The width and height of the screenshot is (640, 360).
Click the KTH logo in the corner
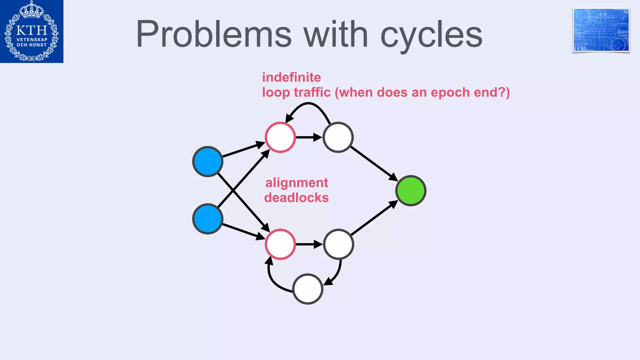32,31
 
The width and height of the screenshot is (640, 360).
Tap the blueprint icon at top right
601,30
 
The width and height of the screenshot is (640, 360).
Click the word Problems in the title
214,34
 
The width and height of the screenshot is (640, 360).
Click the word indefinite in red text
291,77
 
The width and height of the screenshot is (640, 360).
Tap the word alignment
297,183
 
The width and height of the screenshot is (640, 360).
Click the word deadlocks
296,198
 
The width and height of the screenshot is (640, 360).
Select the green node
411,191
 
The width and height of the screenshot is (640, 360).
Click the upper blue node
207,162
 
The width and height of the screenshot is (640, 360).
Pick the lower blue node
207,219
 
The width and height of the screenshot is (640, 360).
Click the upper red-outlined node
280,137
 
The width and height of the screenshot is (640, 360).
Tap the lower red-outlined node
280,244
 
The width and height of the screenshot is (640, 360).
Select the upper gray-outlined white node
338,137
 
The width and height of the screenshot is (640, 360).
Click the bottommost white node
308,289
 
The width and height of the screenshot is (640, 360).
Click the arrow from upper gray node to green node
372,163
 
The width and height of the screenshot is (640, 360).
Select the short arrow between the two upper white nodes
308,137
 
